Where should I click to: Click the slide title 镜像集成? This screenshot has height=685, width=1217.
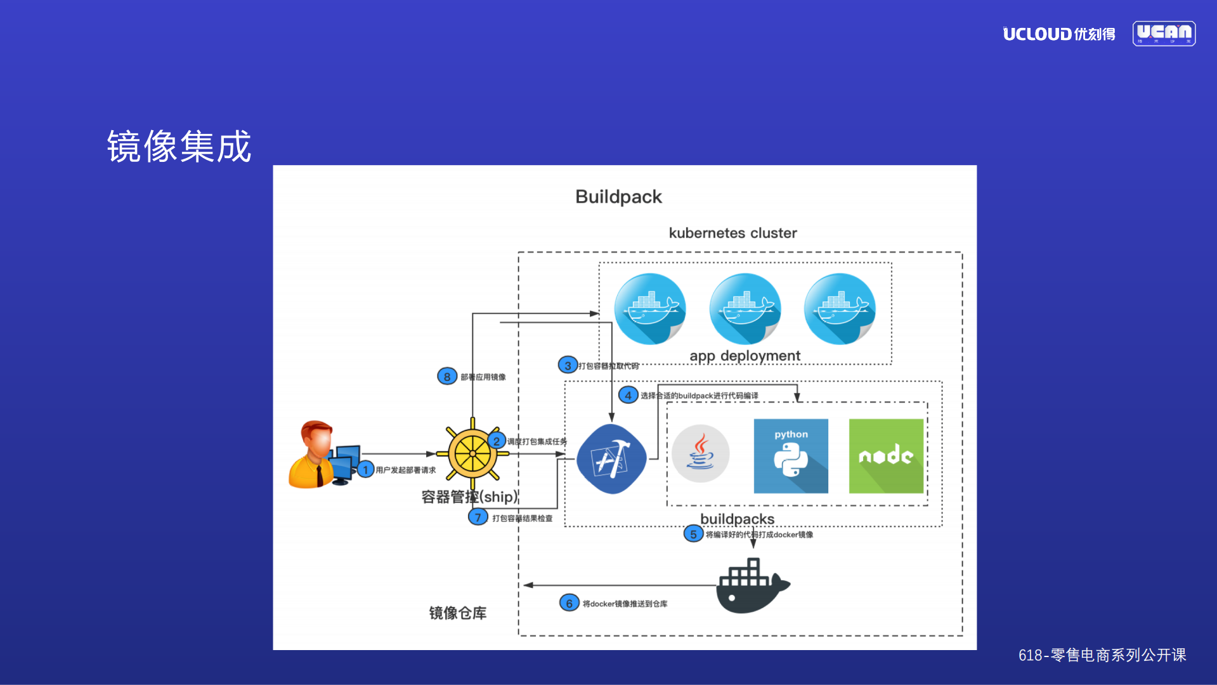coord(179,147)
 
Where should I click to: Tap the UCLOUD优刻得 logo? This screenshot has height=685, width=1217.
coord(1058,34)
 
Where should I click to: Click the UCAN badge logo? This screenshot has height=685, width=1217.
coord(1164,33)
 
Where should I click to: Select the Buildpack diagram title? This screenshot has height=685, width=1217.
coord(618,197)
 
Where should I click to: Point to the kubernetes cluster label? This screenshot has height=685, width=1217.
coord(732,233)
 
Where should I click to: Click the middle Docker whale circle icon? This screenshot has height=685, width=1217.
coord(745,309)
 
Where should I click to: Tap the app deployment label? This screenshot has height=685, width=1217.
coord(745,356)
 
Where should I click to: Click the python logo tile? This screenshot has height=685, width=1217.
coord(790,456)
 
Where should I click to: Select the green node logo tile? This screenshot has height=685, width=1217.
coord(886,456)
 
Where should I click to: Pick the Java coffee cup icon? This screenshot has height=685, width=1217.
coord(700,453)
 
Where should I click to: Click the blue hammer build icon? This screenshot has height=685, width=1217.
coord(611,458)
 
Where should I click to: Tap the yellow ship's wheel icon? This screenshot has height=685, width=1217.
coord(472,454)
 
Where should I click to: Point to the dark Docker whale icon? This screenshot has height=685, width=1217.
coord(752,587)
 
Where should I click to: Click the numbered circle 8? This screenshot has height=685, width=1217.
coord(447,376)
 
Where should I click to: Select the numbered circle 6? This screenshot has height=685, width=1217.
coord(569,603)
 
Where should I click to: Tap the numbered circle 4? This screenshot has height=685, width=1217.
coord(628,396)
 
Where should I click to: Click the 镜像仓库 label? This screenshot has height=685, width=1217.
coord(457,613)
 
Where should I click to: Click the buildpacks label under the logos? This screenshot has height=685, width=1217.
coord(737,519)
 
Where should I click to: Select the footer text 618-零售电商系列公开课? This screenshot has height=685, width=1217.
coord(1102,655)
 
